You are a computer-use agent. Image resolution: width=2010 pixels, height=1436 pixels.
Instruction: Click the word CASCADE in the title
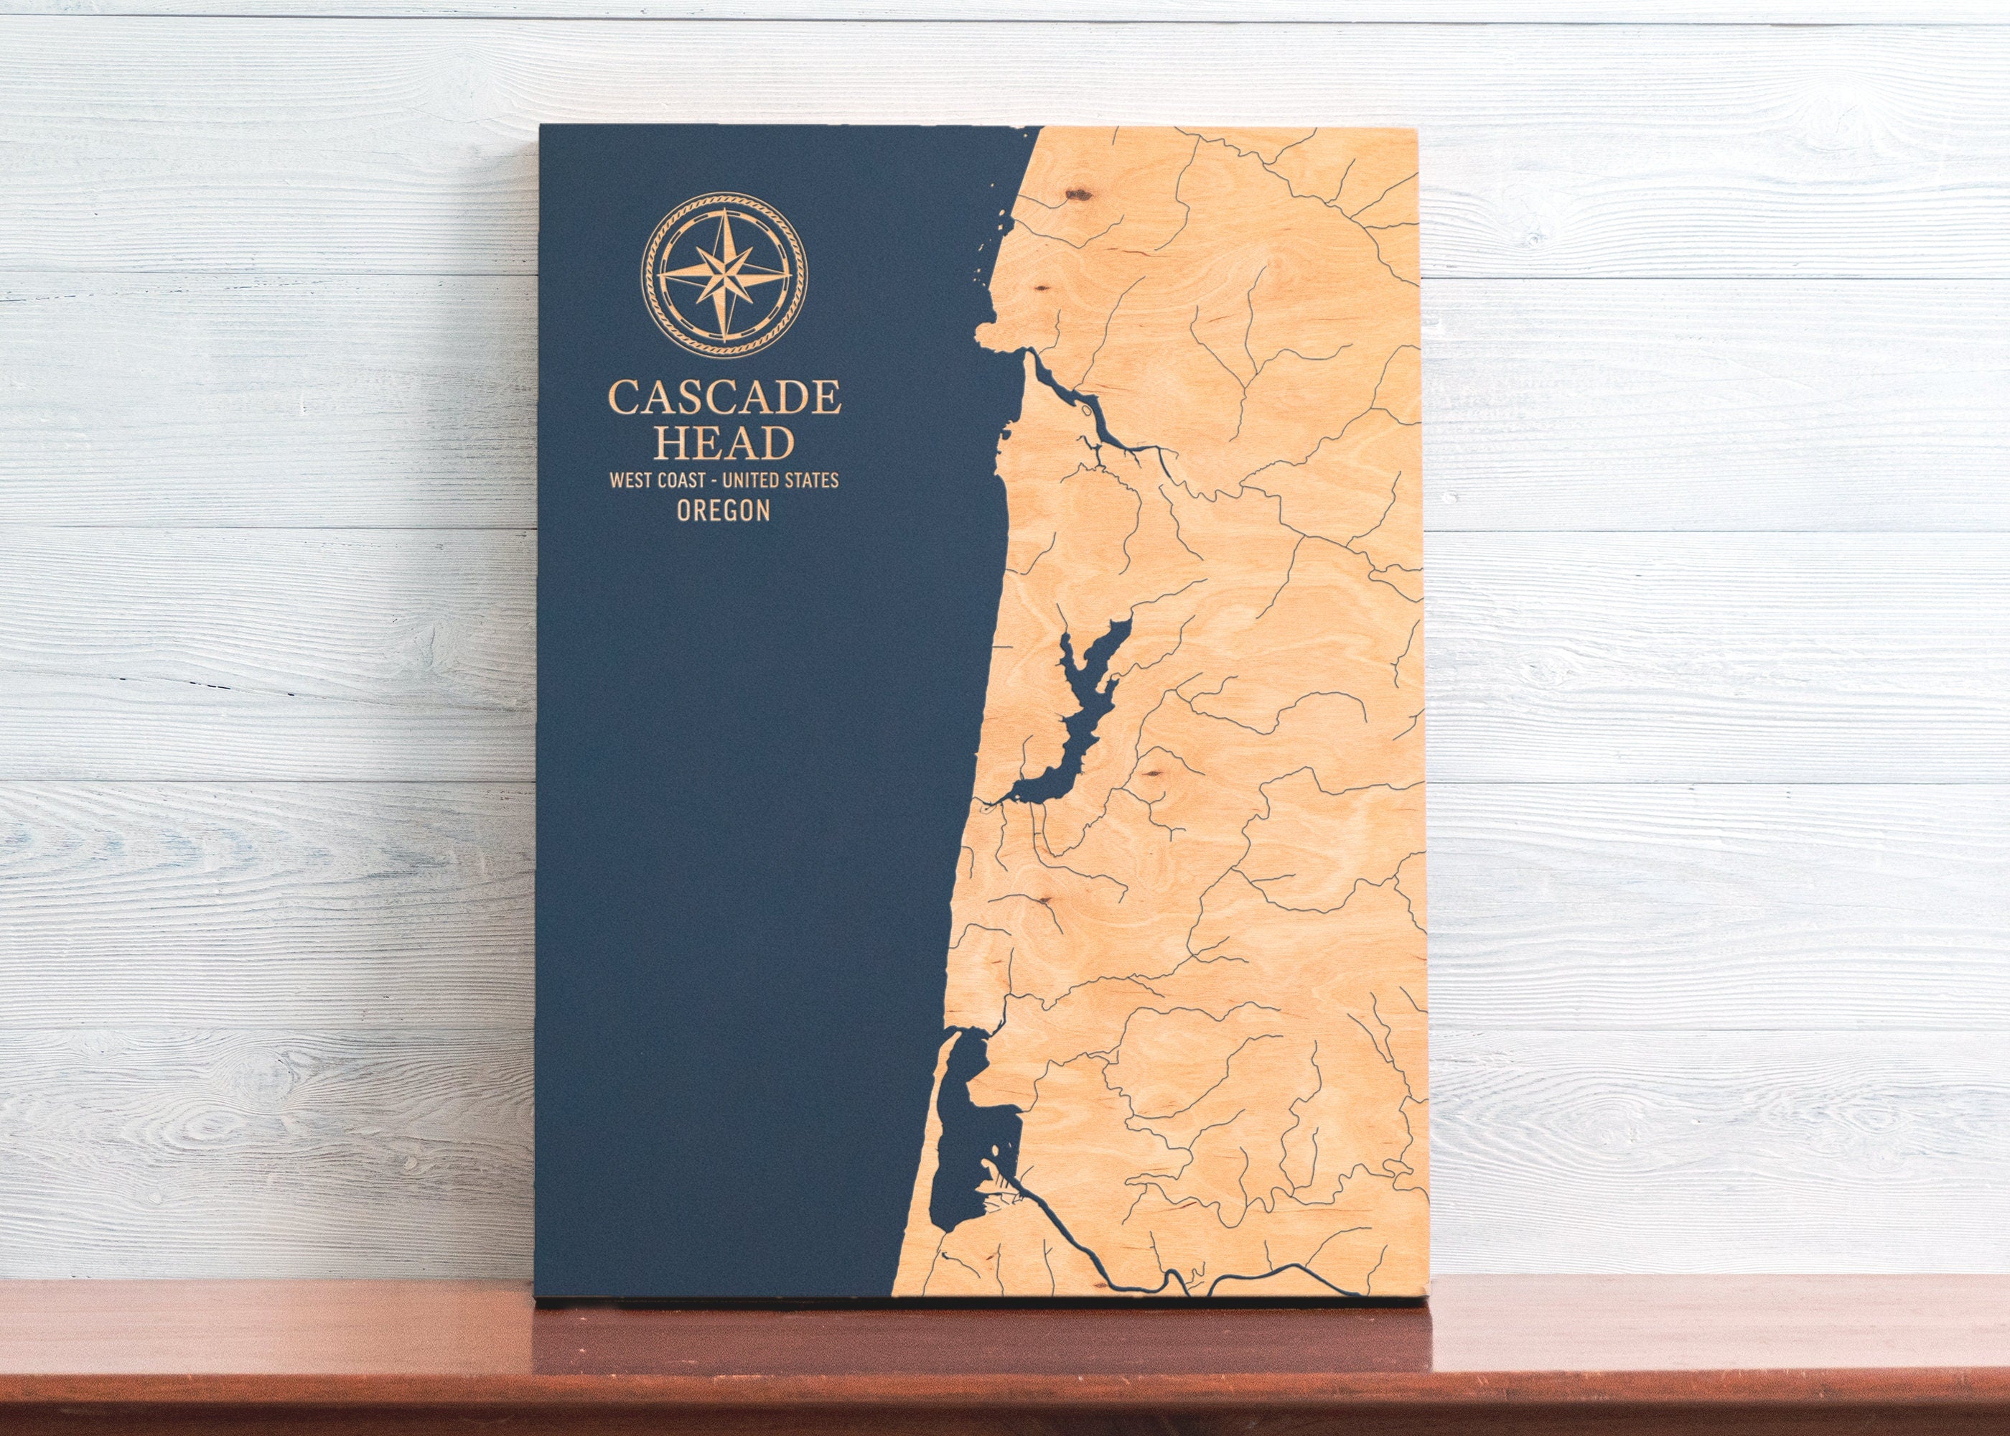pyautogui.click(x=724, y=398)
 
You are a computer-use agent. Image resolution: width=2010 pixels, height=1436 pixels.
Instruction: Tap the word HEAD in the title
pyautogui.click(x=724, y=443)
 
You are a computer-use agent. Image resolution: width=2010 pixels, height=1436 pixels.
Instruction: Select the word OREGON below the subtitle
pyautogui.click(x=723, y=510)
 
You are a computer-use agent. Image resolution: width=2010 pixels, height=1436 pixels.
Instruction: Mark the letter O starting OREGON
pyautogui.click(x=683, y=510)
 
